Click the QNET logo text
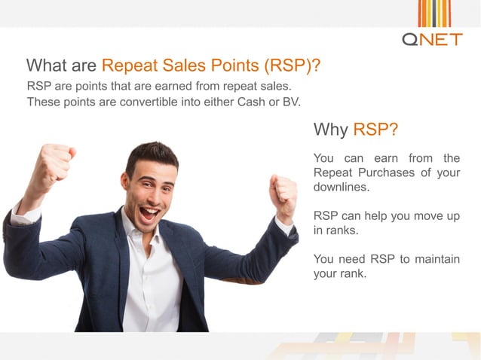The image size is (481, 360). click(x=432, y=38)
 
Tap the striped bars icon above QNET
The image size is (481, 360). click(x=434, y=13)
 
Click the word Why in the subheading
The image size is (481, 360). click(x=330, y=130)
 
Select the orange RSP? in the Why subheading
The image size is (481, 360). click(x=375, y=130)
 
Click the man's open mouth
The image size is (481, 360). click(x=149, y=212)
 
